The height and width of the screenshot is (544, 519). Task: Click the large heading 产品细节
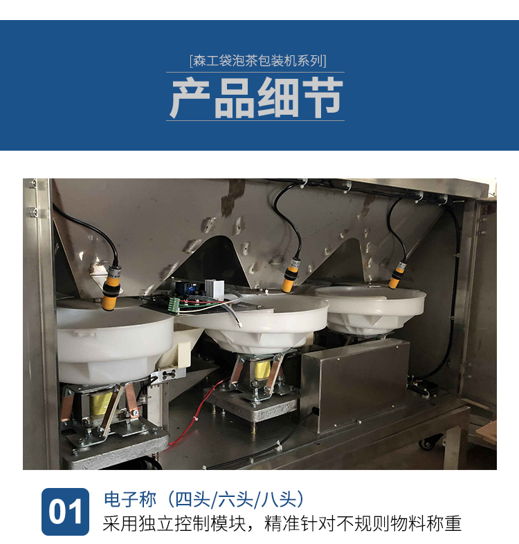coord(256,97)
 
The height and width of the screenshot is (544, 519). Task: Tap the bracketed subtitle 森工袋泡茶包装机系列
coord(257,61)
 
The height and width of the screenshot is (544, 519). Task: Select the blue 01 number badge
coord(65,512)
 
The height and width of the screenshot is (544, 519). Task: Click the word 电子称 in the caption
coord(130,499)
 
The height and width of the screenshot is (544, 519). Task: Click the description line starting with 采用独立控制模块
coord(282,523)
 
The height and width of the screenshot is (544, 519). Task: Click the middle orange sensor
coord(291,275)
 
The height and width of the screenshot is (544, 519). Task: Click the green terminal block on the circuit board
coord(174,306)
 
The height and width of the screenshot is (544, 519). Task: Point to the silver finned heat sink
coord(214,290)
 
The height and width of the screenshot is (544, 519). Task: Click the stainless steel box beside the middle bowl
coord(355,386)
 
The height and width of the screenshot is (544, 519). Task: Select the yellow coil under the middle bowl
coord(263,371)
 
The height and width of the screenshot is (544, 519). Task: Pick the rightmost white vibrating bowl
coord(370,310)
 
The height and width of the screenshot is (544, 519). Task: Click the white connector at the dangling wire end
coord(239,324)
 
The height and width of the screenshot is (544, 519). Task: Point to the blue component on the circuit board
coord(189,288)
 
